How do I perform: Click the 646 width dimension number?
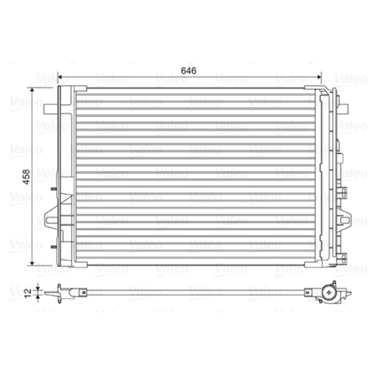[x=188, y=71]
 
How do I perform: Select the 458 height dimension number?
[x=26, y=177]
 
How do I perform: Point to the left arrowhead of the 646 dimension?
[x=60, y=77]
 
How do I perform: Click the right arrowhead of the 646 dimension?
[x=319, y=77]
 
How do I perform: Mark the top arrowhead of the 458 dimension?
[x=32, y=90]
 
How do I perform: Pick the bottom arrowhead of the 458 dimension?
[x=32, y=263]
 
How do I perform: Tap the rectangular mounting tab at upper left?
[x=51, y=109]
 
